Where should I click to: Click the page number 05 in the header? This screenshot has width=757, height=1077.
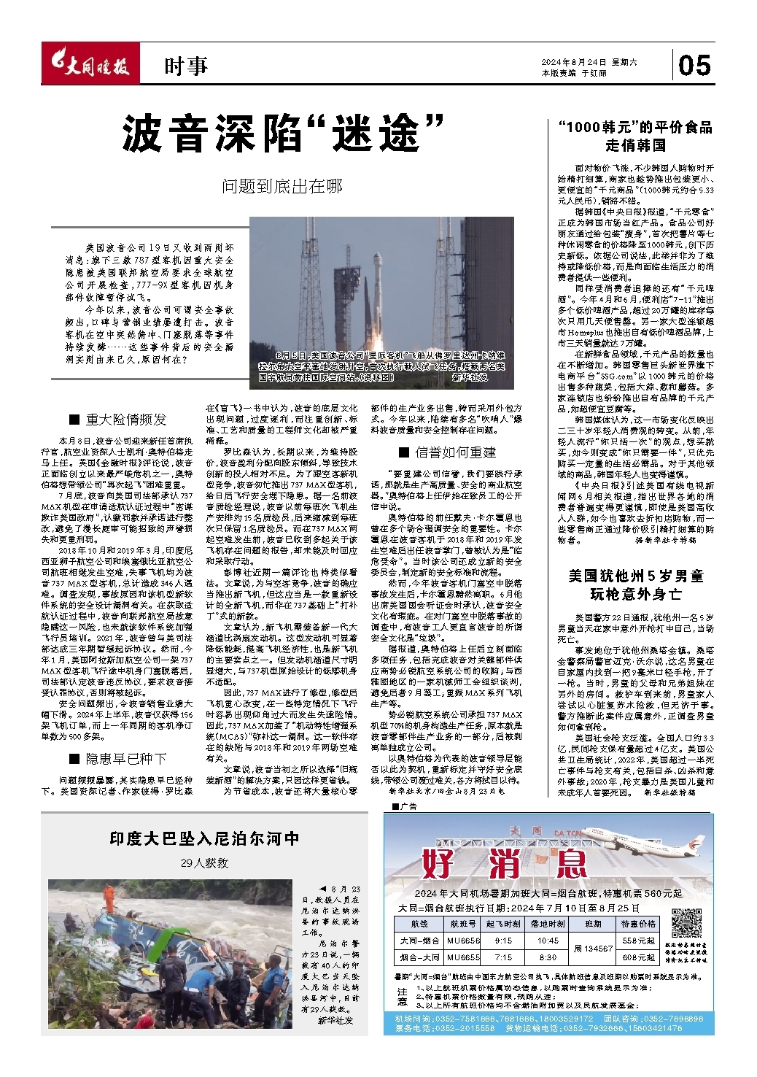[x=694, y=66]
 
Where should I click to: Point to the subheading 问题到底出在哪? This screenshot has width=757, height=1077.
[x=282, y=187]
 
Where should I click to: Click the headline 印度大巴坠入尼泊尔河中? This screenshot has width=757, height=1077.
[x=205, y=839]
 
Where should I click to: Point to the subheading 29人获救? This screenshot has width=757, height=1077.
[x=205, y=862]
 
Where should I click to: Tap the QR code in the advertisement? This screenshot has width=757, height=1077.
[x=686, y=923]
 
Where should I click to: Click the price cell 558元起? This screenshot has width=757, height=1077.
[x=639, y=941]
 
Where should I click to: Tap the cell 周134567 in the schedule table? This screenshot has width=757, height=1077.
[x=593, y=949]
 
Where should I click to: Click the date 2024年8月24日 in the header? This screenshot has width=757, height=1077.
[x=573, y=63]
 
